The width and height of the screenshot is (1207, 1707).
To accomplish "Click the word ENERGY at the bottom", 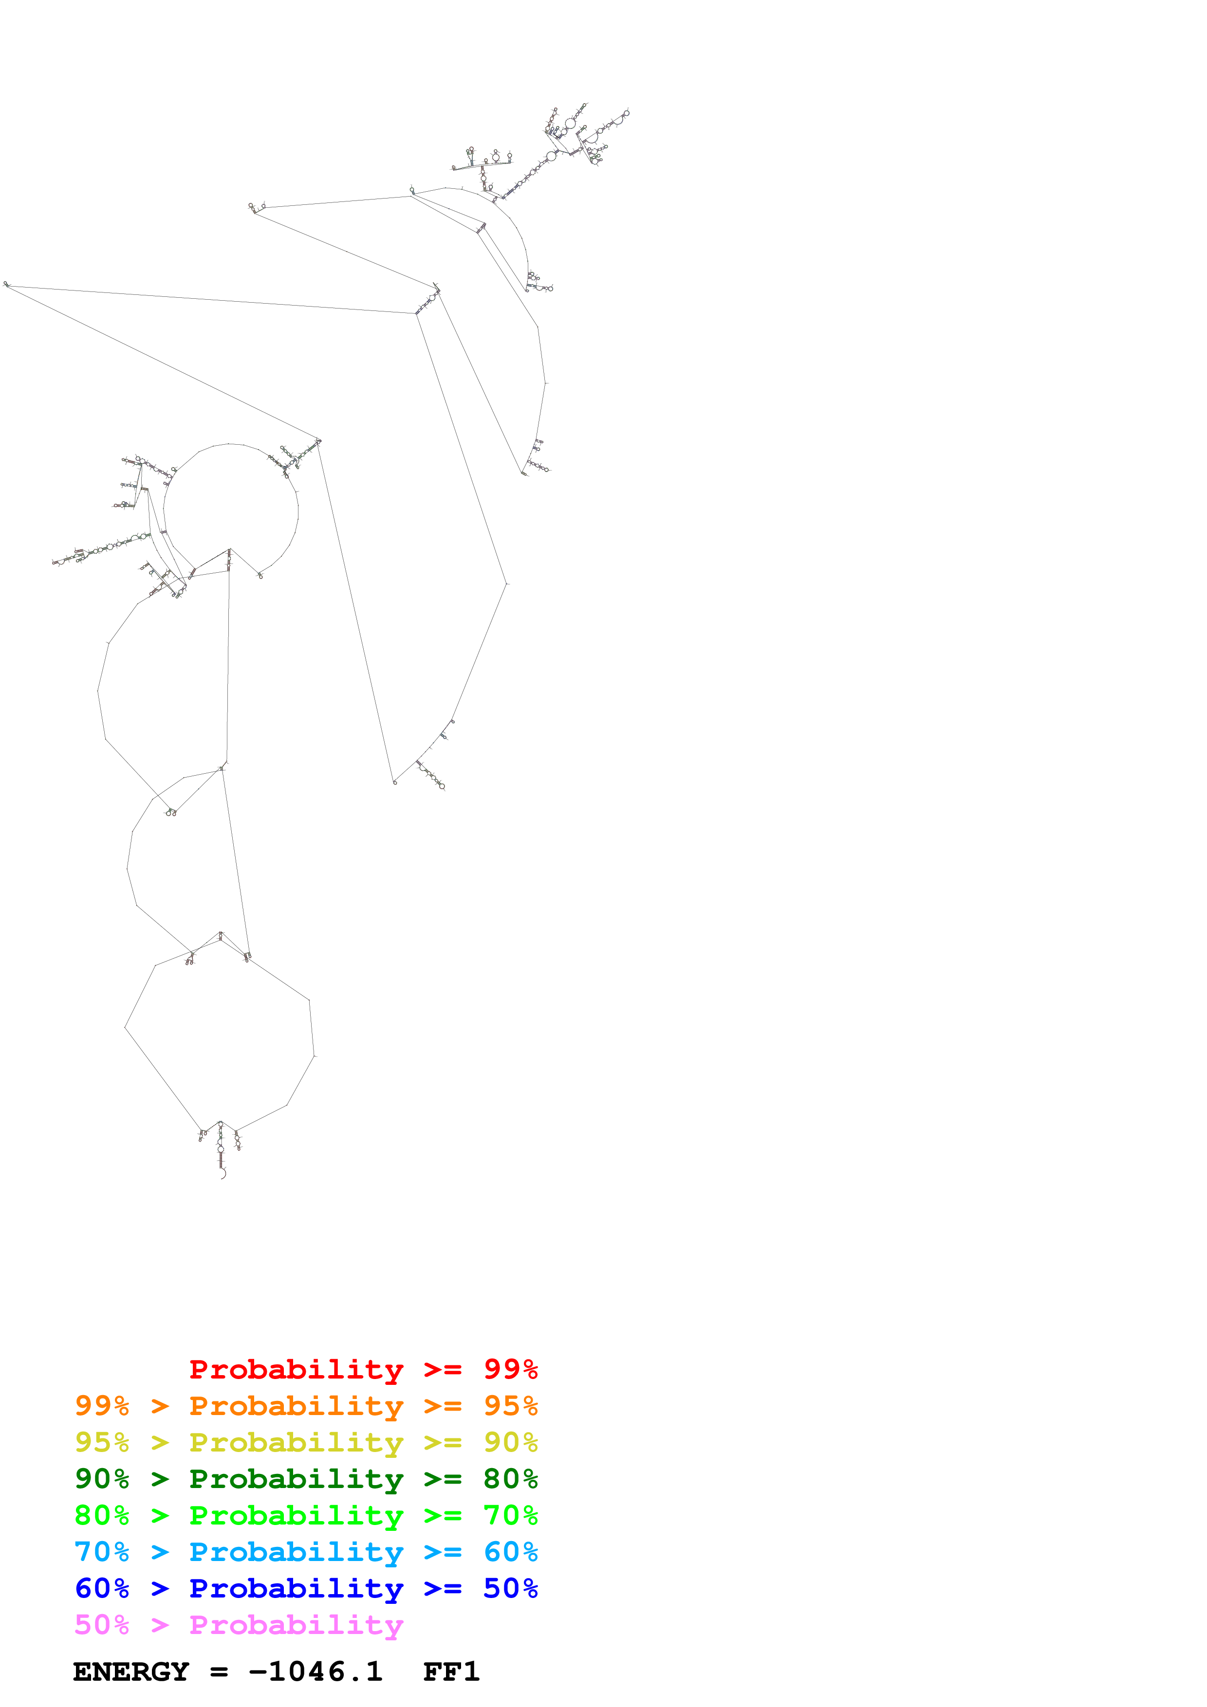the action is [131, 1672].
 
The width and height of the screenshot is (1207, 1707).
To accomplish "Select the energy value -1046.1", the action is [316, 1672].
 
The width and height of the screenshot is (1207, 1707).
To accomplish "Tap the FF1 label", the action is [451, 1672].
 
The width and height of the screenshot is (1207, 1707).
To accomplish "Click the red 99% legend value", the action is [510, 1369].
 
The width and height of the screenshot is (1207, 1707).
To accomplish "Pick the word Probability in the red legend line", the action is [296, 1369].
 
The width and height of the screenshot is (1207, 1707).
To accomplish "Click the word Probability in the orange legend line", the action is [296, 1406].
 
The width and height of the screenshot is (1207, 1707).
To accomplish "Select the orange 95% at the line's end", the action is [510, 1405].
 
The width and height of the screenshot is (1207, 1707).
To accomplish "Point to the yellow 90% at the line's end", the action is [510, 1442].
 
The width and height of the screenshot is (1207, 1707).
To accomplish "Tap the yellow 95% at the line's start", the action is [102, 1442].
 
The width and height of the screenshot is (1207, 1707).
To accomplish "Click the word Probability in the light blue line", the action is [296, 1552].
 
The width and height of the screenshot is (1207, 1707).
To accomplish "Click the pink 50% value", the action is [102, 1624].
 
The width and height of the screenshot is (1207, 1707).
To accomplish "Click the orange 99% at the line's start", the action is [102, 1405].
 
